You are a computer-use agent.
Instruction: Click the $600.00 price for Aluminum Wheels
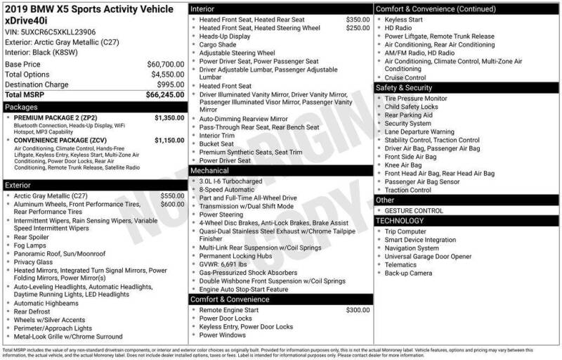pyautogui.click(x=172, y=204)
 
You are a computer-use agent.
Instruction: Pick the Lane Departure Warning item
pyautogui.click(x=419, y=131)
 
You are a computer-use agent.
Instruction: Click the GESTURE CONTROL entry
pyautogui.click(x=414, y=210)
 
